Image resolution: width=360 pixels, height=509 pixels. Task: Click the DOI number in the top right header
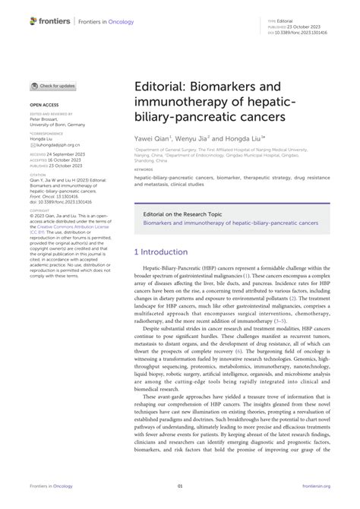[299, 33]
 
